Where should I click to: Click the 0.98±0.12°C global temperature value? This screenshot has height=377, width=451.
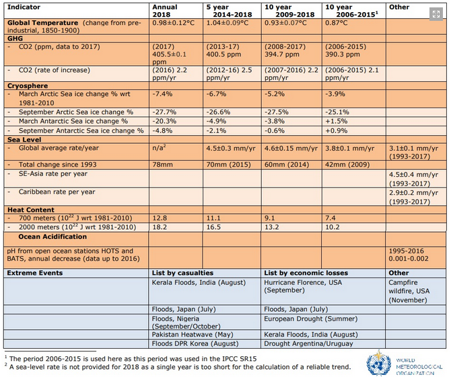click(x=174, y=23)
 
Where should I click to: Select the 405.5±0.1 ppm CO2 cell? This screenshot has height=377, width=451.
click(x=170, y=54)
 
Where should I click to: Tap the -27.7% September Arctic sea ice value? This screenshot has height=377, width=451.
click(x=164, y=112)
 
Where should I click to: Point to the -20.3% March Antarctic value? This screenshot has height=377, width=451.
click(x=164, y=121)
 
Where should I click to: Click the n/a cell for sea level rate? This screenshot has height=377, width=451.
click(x=159, y=148)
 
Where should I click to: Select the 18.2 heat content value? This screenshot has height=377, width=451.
click(x=160, y=227)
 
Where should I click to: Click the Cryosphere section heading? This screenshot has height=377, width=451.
click(x=28, y=86)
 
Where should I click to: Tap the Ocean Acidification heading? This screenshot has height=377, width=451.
click(x=53, y=237)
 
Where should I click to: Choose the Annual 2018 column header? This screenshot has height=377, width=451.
click(x=165, y=11)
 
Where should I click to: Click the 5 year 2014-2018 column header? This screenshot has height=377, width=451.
click(x=229, y=11)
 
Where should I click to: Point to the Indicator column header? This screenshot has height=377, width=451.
click(x=24, y=7)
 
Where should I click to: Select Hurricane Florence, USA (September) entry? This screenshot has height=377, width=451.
click(x=303, y=286)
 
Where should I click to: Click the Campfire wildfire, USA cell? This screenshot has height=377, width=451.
click(x=409, y=291)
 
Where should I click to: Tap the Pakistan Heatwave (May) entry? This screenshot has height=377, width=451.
click(x=193, y=335)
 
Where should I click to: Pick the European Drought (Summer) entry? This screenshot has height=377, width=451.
click(x=310, y=319)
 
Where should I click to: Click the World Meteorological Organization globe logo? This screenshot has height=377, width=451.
click(x=378, y=363)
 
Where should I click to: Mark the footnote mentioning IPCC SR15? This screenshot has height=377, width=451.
click(x=131, y=359)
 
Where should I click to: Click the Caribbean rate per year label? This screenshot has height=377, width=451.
click(x=57, y=192)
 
